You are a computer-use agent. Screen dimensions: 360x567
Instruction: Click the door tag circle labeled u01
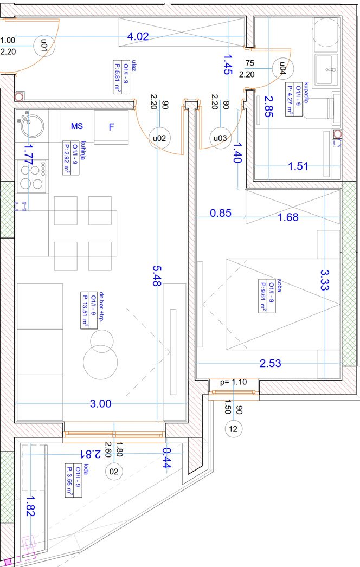point(44,46)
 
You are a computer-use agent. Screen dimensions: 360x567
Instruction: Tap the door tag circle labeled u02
point(159,138)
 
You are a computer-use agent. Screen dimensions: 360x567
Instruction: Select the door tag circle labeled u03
point(220,138)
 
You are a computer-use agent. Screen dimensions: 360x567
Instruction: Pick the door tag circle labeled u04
point(282,68)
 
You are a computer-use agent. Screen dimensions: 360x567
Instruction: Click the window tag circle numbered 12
point(233,429)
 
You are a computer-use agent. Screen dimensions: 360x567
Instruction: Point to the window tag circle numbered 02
point(114,472)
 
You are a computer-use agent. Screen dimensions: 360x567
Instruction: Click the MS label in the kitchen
point(76,126)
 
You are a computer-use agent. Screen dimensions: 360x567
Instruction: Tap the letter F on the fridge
point(112,127)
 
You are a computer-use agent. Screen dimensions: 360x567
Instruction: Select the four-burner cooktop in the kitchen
point(32,177)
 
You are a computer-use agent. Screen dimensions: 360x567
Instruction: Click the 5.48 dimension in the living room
point(156,276)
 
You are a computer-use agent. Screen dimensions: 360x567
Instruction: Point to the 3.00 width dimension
point(101,403)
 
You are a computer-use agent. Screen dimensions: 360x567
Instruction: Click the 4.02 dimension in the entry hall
point(138,36)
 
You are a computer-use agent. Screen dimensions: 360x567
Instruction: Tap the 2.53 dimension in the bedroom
point(271,363)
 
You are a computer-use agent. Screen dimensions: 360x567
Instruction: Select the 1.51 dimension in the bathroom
point(298,166)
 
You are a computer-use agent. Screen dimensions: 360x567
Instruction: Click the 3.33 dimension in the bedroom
point(325,280)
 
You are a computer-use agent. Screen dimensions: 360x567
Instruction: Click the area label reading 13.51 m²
point(84,311)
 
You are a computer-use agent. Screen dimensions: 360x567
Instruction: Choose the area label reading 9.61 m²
point(262,295)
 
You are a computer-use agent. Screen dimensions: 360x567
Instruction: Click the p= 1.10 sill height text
point(233,382)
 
